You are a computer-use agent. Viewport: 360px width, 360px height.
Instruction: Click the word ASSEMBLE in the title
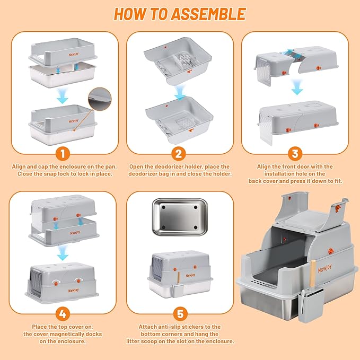[x=209, y=14]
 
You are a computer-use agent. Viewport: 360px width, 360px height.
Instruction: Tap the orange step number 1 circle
[x=63, y=154]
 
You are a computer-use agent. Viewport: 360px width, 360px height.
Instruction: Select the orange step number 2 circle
[x=179, y=154]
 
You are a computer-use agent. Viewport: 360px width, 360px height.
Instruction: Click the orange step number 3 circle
[x=295, y=154]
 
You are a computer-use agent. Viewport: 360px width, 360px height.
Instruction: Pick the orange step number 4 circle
[x=63, y=314]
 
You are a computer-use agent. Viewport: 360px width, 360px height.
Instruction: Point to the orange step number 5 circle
[x=180, y=314]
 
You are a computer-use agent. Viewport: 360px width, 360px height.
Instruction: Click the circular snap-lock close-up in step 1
[x=100, y=99]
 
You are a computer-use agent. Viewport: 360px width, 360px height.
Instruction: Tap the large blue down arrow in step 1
[x=63, y=96]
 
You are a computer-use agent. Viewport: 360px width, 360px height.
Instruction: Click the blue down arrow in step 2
[x=180, y=92]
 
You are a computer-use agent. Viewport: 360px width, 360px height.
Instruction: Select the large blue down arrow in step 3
[x=297, y=87]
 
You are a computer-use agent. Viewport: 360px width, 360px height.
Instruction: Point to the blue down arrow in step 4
[x=63, y=253]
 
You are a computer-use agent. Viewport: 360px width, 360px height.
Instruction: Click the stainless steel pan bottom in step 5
[x=180, y=217]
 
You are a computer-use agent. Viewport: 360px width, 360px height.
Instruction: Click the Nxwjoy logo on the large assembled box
[x=324, y=268]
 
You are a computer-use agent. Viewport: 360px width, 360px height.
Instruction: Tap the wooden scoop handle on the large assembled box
[x=313, y=274]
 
